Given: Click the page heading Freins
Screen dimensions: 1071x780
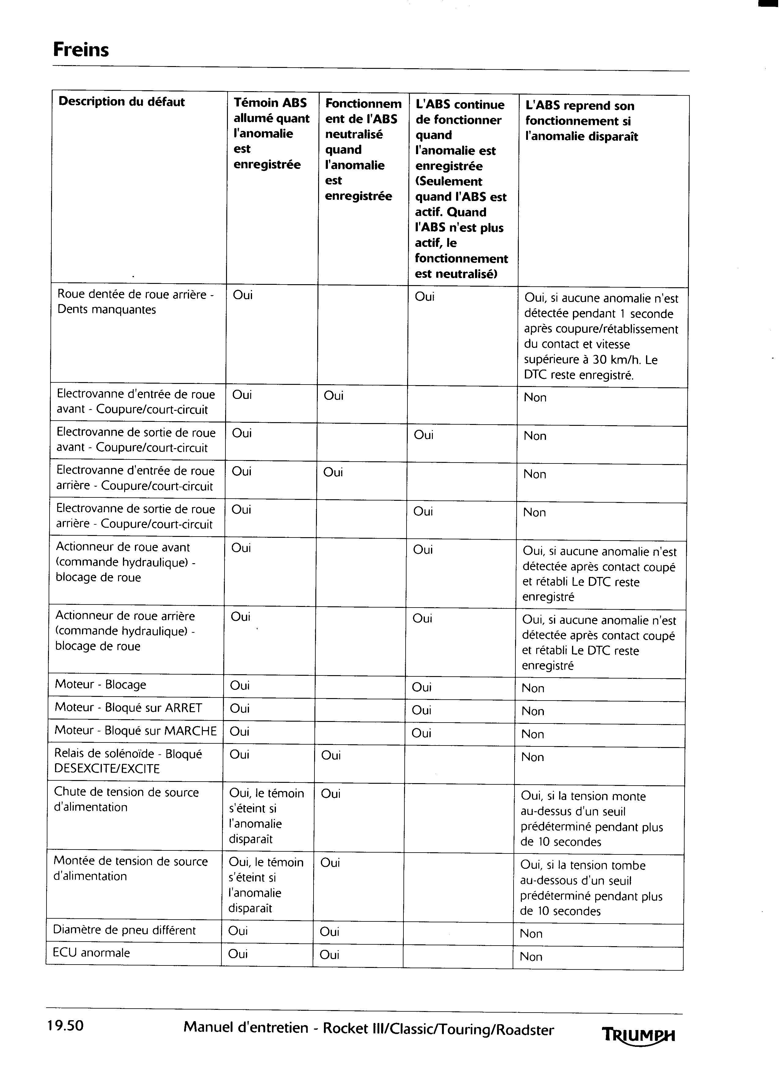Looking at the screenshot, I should (81, 50).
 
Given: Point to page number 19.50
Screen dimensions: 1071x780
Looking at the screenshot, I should (65, 1025).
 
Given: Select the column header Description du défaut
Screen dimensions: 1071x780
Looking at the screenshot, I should (121, 102).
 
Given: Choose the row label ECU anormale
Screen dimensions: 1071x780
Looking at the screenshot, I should (91, 953).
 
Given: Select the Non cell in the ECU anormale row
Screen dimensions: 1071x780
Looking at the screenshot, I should (531, 957).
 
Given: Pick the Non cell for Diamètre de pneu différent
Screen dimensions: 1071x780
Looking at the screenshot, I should (531, 934).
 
